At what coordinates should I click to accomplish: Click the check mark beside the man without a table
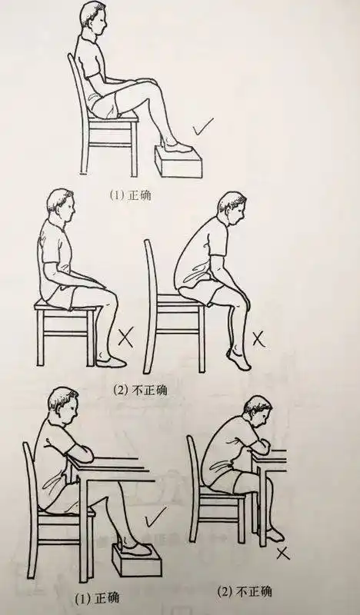[204, 127]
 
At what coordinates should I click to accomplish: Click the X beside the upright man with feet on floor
[125, 336]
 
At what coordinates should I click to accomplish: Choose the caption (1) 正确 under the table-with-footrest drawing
[95, 596]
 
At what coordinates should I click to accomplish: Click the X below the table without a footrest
[284, 553]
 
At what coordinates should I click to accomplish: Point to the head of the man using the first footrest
[94, 19]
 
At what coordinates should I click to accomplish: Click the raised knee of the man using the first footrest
[158, 84]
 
